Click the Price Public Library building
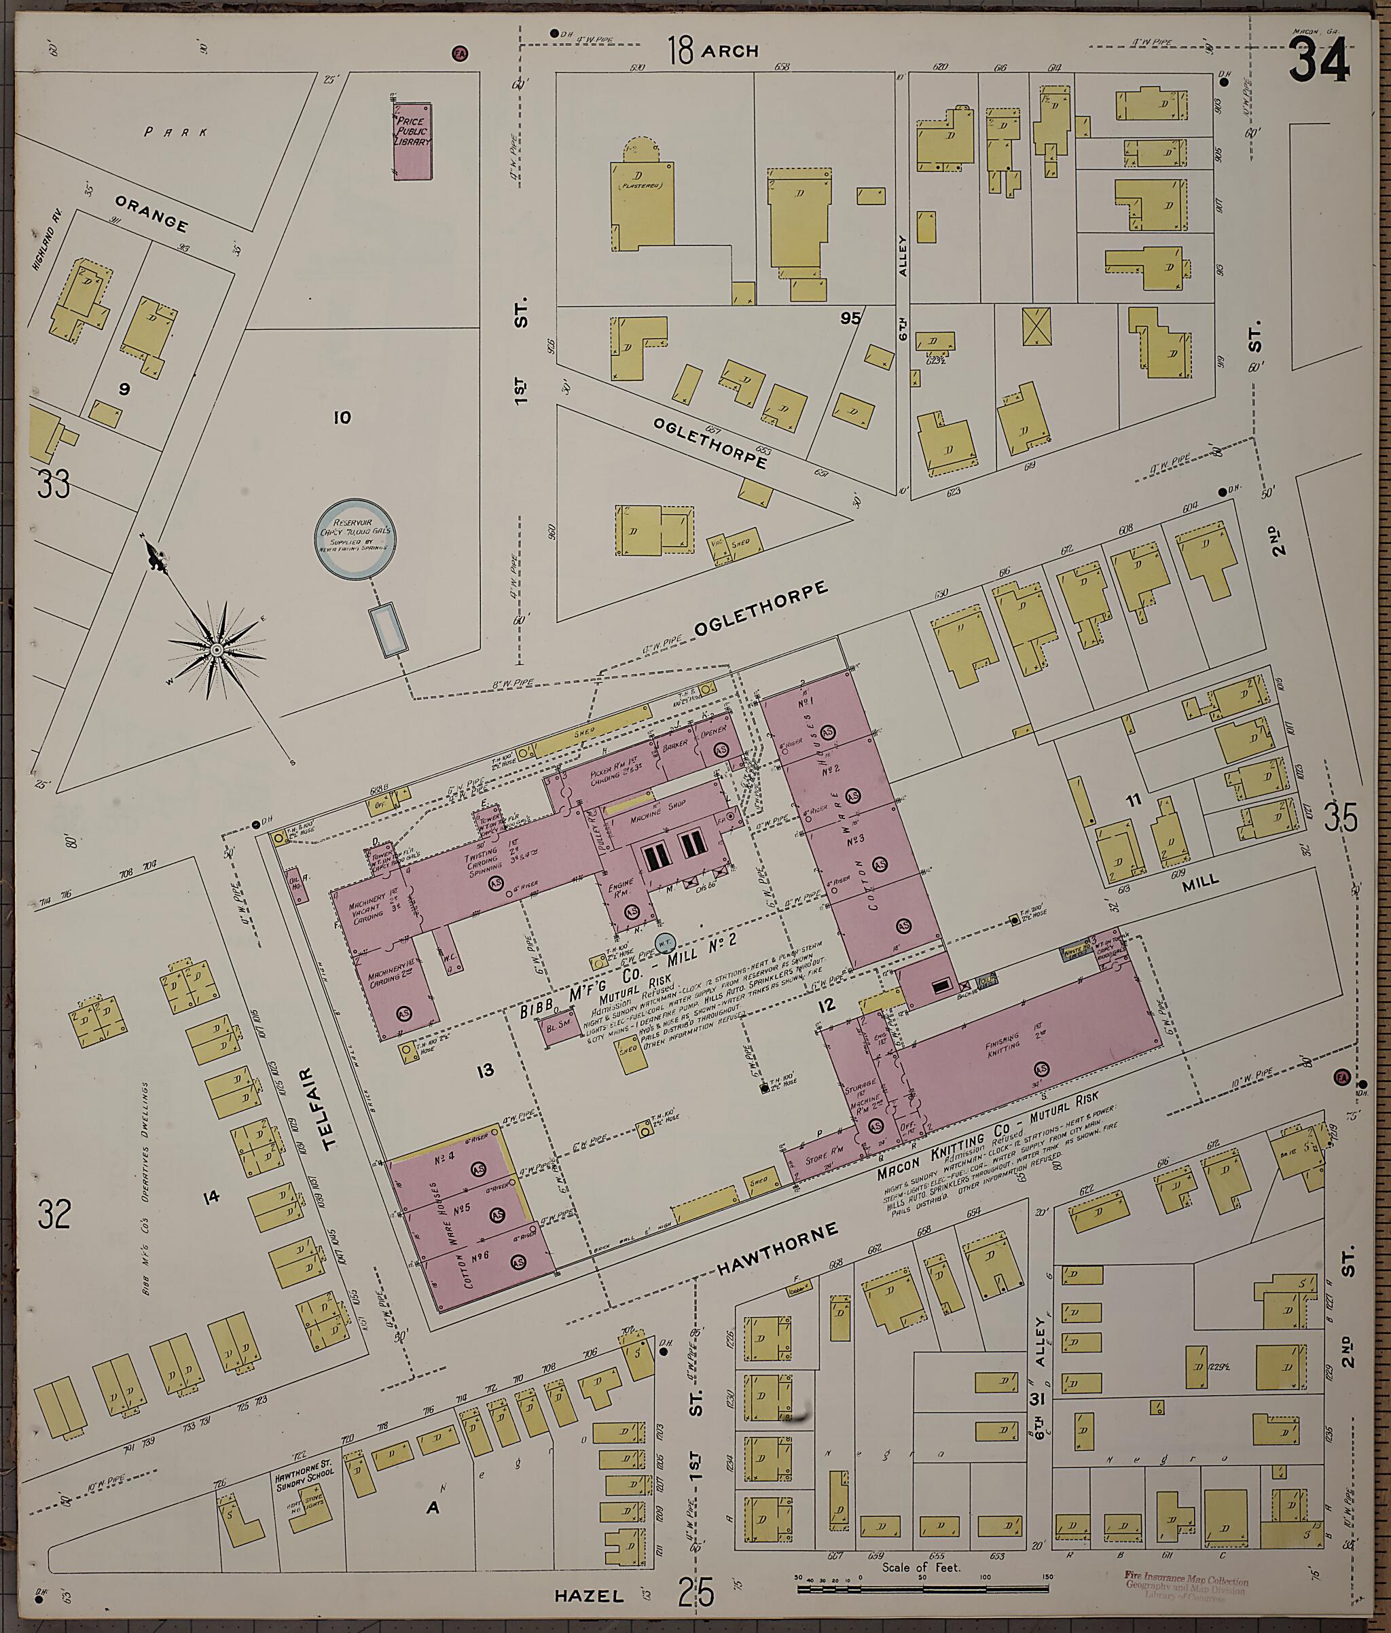413,141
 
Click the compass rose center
216,649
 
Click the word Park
176,132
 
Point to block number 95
850,319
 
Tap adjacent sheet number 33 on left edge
54,483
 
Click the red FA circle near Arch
459,54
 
